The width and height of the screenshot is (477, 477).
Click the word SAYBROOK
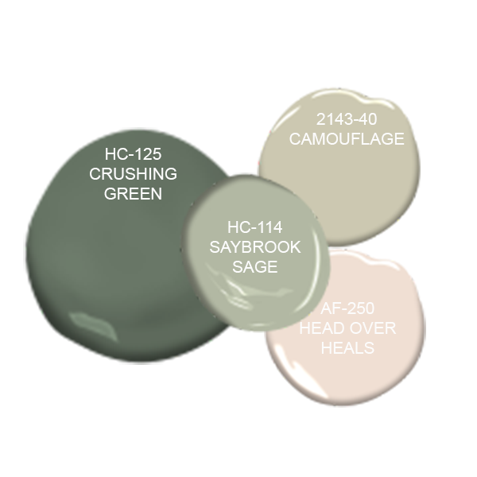click(x=256, y=247)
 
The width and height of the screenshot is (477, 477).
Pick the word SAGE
click(x=256, y=266)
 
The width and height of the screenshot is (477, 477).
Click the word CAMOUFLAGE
click(x=347, y=139)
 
